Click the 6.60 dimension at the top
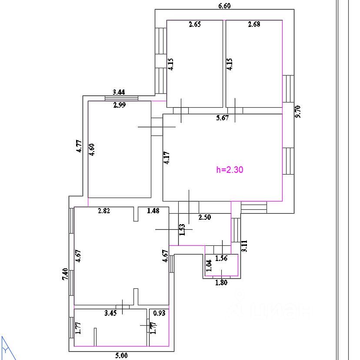(x=224, y=6)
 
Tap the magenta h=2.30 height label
(x=230, y=170)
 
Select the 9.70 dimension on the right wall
(x=298, y=112)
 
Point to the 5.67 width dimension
(x=223, y=118)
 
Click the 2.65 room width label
(x=195, y=24)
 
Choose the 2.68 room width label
(x=254, y=24)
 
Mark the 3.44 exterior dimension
(x=119, y=92)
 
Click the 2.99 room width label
(x=120, y=105)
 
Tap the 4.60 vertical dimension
(x=91, y=150)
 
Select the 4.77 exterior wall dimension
(x=79, y=146)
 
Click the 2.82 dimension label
(x=104, y=211)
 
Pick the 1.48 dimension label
(x=153, y=211)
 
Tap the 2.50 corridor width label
(x=205, y=217)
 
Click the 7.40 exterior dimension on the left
(x=65, y=274)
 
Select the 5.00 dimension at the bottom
(x=121, y=356)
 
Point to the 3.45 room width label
(x=110, y=313)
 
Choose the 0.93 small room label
(x=159, y=313)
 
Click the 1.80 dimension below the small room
(x=221, y=282)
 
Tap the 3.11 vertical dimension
(x=244, y=246)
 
